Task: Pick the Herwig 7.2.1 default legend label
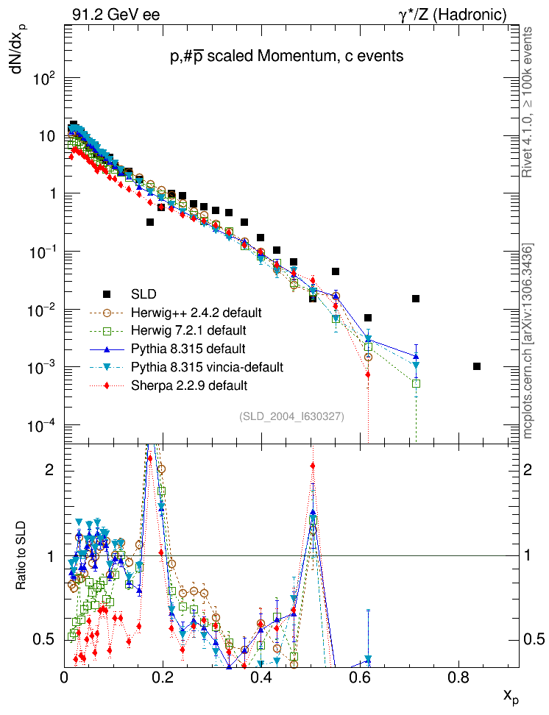[x=188, y=330]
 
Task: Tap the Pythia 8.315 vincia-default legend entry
[x=207, y=366]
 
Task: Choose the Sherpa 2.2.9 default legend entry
[x=189, y=385]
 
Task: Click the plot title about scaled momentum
[x=286, y=57]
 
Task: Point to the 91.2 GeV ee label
[x=116, y=14]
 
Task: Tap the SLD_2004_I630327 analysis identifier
[x=291, y=416]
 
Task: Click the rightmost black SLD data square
[x=477, y=366]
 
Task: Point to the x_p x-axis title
[x=511, y=695]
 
